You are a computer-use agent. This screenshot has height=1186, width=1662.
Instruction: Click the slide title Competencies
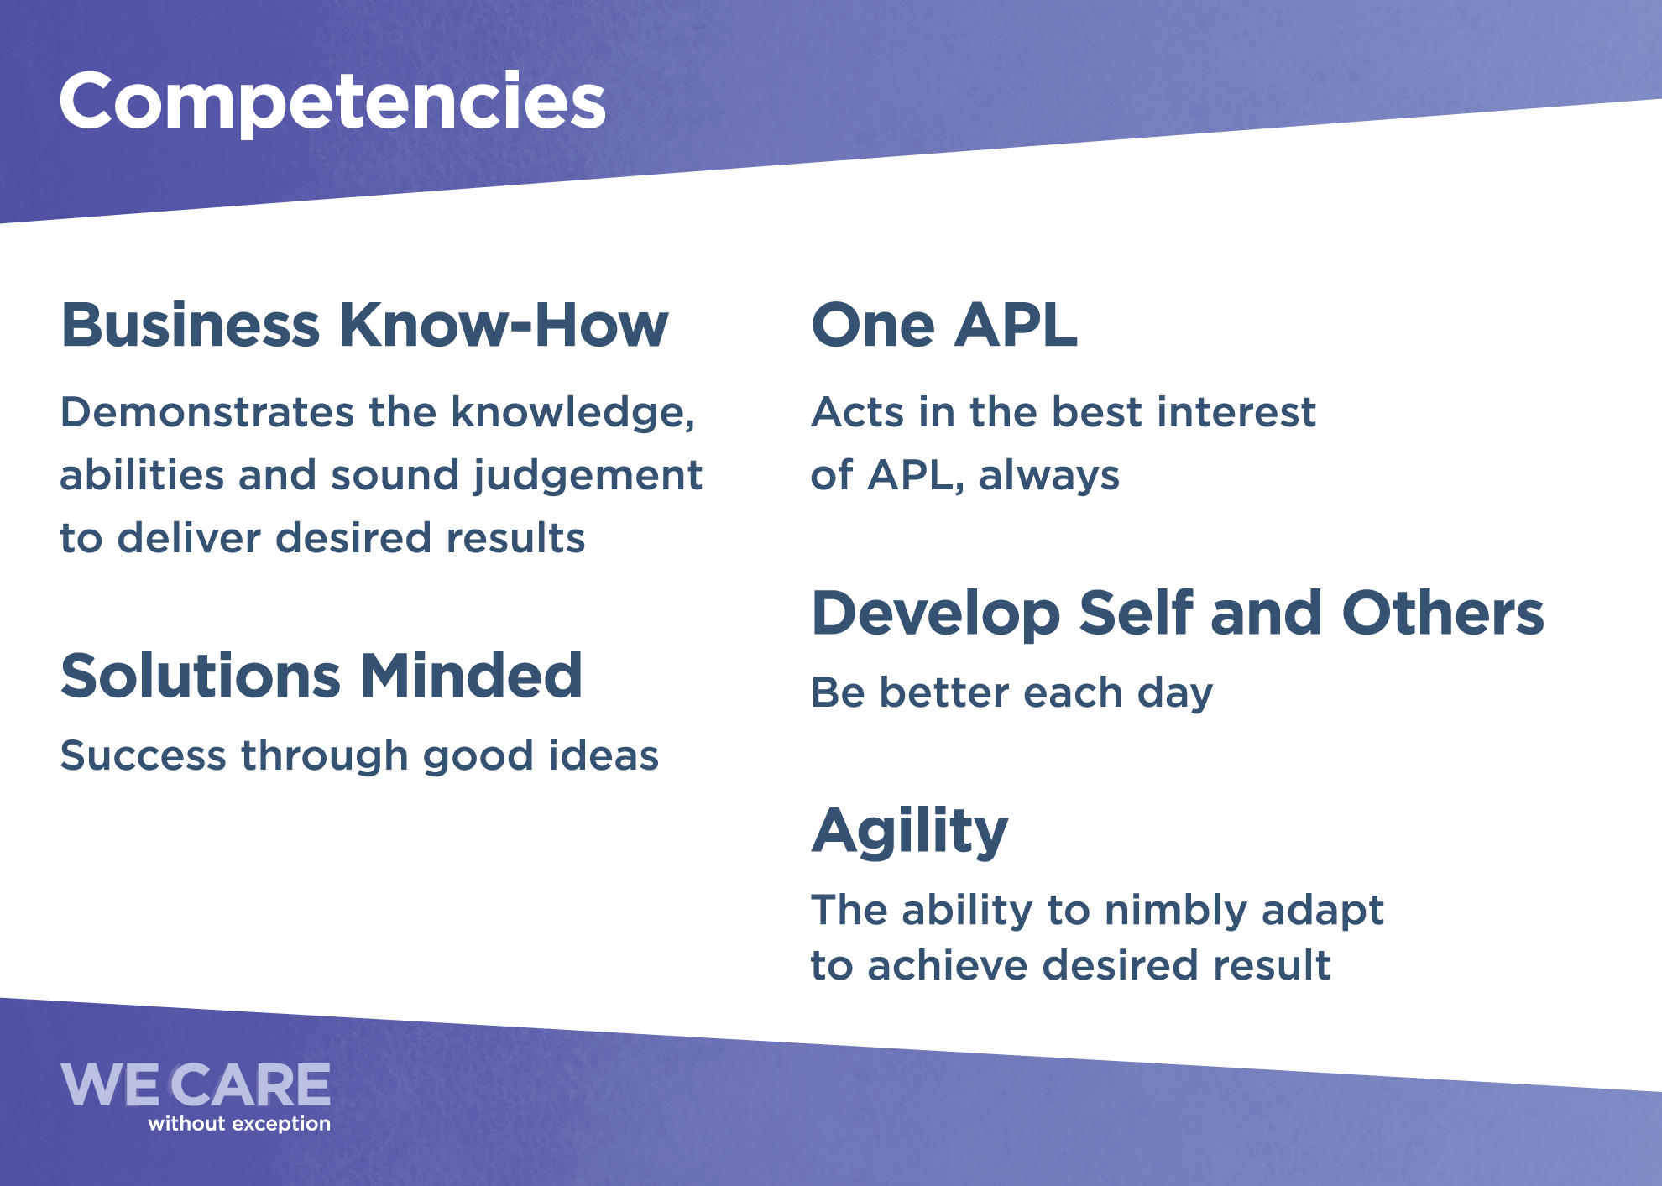(x=332, y=102)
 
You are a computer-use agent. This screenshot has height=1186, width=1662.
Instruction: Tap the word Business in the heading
(x=191, y=325)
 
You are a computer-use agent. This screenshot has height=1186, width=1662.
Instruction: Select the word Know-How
(x=504, y=325)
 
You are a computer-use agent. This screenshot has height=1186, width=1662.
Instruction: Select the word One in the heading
(x=873, y=325)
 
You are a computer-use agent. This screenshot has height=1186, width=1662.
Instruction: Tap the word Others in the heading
(x=1443, y=613)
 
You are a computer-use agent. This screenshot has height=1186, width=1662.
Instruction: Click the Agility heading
(x=910, y=832)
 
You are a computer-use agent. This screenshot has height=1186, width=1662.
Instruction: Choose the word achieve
(x=948, y=965)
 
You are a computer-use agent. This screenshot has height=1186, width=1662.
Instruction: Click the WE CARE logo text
(x=196, y=1085)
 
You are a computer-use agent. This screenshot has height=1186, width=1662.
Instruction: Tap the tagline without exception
(x=239, y=1124)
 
